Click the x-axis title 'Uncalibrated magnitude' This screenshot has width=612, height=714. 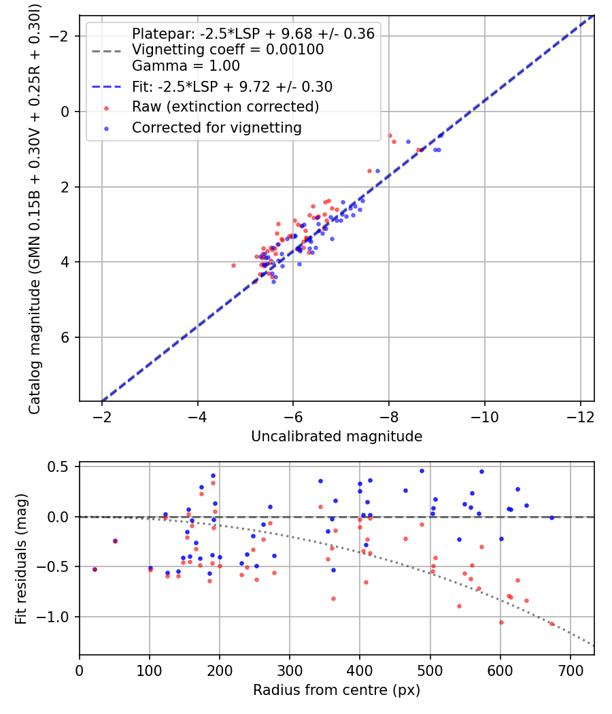(337, 437)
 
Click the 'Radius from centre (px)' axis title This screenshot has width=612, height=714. (337, 690)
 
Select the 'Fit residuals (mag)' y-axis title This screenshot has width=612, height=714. (21, 559)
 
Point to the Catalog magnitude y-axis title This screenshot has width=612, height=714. (35, 209)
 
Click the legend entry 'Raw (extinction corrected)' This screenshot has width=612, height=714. (225, 107)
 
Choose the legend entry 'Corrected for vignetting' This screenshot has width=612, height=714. (217, 128)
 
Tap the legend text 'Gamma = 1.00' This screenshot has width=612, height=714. (186, 65)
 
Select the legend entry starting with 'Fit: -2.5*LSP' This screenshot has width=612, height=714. (233, 86)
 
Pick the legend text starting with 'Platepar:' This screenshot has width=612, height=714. (253, 33)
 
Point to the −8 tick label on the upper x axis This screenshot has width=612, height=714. (389, 417)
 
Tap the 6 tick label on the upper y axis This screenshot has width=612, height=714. (65, 337)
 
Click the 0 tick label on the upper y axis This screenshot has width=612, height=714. (65, 112)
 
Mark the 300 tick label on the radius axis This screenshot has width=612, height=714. (290, 670)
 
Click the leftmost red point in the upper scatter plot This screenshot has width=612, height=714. (234, 265)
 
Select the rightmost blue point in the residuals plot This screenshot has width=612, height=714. (552, 517)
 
